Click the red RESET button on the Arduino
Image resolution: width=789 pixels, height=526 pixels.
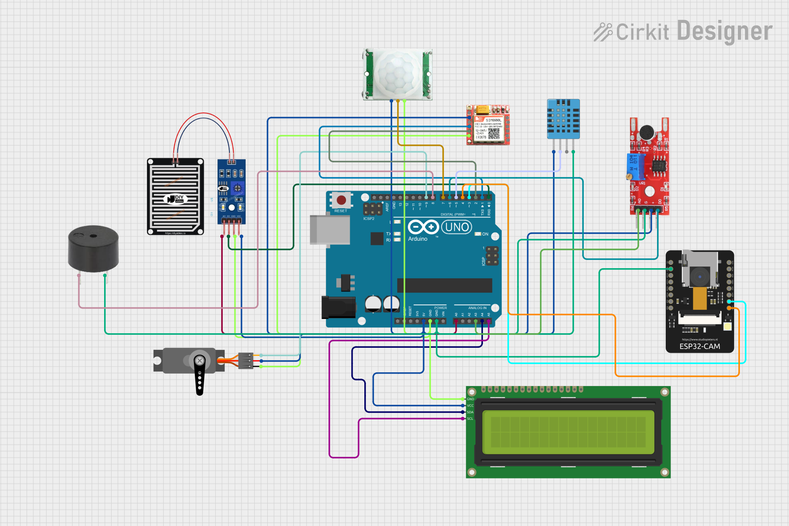pyautogui.click(x=341, y=200)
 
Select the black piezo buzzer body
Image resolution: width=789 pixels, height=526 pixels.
pyautogui.click(x=93, y=249)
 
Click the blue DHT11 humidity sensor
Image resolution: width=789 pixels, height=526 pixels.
pyautogui.click(x=563, y=119)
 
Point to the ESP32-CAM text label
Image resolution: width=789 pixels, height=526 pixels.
pyautogui.click(x=699, y=347)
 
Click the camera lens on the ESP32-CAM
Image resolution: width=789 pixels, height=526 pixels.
pyautogui.click(x=699, y=277)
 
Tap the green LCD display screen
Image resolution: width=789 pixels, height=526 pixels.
pyautogui.click(x=568, y=432)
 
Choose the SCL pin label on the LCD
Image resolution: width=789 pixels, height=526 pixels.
pyautogui.click(x=470, y=419)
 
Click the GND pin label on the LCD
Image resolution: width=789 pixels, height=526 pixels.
pyautogui.click(x=470, y=399)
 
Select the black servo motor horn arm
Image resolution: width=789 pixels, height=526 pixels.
pyautogui.click(x=200, y=375)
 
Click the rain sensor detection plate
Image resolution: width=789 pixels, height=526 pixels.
pyautogui.click(x=175, y=197)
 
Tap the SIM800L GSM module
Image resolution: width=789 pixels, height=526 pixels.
pyautogui.click(x=488, y=125)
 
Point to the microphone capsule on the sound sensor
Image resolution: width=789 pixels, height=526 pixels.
pyautogui.click(x=646, y=132)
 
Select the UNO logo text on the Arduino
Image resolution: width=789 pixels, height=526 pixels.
pyautogui.click(x=457, y=227)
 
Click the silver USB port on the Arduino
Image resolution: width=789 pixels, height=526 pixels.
pyautogui.click(x=329, y=230)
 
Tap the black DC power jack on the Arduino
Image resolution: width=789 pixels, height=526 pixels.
pyautogui.click(x=338, y=307)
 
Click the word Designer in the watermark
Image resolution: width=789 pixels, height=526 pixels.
pyautogui.click(x=724, y=32)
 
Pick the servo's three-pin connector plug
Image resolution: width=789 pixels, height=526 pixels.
pyautogui.click(x=246, y=361)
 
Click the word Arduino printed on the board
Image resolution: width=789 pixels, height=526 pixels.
pyautogui.click(x=418, y=239)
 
